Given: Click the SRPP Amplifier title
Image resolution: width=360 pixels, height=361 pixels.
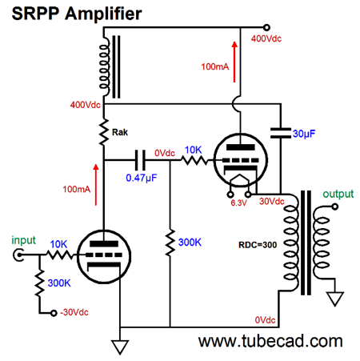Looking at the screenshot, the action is tap(77, 14).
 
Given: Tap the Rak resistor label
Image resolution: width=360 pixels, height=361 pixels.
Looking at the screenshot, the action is tap(120, 132).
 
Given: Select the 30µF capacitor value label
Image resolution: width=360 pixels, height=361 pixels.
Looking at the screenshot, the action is tap(304, 134).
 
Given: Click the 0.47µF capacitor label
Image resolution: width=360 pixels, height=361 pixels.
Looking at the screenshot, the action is tap(142, 178).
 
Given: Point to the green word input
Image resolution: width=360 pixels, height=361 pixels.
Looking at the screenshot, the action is tap(23, 240).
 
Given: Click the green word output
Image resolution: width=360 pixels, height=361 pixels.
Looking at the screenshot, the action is tap(338, 194).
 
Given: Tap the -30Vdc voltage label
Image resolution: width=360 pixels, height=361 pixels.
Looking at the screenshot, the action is tap(74, 312).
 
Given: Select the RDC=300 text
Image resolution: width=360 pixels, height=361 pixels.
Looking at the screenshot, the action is tap(258, 245).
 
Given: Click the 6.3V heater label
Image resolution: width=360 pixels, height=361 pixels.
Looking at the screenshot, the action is tap(238, 203).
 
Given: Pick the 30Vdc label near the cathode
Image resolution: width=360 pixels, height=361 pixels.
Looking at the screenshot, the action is tap(272, 201).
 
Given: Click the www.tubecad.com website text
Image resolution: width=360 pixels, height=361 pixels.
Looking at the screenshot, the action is tap(270, 341).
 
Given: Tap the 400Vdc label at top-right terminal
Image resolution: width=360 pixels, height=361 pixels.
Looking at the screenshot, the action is tap(266, 38).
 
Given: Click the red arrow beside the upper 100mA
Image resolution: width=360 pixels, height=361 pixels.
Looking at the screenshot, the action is tap(234, 62).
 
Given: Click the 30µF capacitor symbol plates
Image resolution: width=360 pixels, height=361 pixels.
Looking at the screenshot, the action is tap(281, 133).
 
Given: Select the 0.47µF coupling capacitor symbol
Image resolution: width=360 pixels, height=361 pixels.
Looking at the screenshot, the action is tap(140, 160).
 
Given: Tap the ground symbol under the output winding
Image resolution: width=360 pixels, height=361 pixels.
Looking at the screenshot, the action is tap(335, 299).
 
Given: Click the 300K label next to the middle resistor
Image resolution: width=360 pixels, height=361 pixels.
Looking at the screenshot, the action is tap(190, 243).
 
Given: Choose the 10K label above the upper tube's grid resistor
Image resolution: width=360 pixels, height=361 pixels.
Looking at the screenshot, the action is tap(194, 150).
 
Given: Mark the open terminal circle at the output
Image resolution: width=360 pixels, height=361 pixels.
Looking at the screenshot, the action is tap(335, 207).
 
